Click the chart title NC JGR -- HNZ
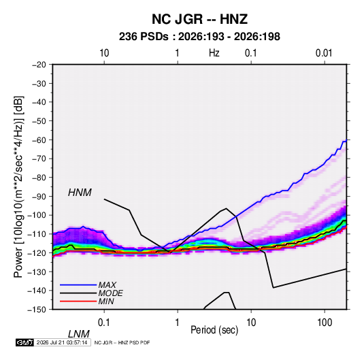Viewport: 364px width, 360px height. point(199,19)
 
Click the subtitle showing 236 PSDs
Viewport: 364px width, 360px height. point(199,37)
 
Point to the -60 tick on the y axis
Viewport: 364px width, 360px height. point(39,140)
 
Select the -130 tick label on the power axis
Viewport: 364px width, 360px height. point(37,272)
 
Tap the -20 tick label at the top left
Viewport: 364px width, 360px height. point(39,65)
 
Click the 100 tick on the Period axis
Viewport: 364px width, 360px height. point(325,323)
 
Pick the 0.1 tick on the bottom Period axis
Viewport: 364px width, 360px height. point(104,323)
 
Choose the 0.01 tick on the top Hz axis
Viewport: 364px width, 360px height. point(324,53)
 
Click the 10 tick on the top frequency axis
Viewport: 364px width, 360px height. point(104,53)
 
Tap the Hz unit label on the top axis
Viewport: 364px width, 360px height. point(214,53)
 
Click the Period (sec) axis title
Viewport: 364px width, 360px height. point(214,330)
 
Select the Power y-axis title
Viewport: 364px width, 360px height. point(18,186)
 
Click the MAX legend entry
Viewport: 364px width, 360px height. point(107,285)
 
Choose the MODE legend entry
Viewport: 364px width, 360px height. point(110,293)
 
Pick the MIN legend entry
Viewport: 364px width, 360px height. point(106,301)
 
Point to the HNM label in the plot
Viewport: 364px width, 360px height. point(80,193)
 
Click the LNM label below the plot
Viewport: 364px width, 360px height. point(79,334)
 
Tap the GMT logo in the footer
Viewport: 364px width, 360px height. point(24,342)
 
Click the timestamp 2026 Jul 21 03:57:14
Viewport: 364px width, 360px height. point(62,342)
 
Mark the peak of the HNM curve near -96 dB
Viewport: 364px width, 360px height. point(226,208)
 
